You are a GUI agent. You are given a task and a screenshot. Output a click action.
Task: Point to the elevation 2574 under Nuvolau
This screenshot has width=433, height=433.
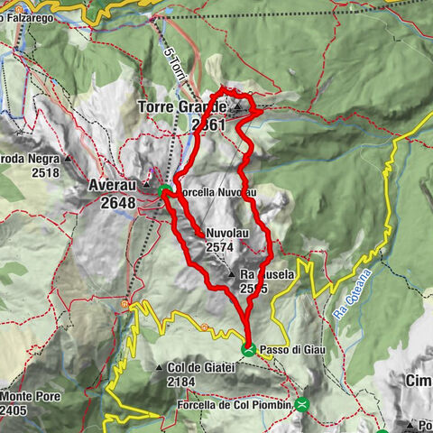[220, 245]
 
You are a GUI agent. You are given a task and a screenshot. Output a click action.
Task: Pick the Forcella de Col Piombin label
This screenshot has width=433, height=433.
[230, 405]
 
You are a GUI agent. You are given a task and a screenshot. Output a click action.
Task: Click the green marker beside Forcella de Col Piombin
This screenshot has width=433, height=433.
[302, 404]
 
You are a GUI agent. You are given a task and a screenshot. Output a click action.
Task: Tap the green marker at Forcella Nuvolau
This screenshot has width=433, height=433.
[165, 190]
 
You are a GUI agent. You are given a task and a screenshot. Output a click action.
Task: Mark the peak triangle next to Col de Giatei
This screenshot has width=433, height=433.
[159, 368]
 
